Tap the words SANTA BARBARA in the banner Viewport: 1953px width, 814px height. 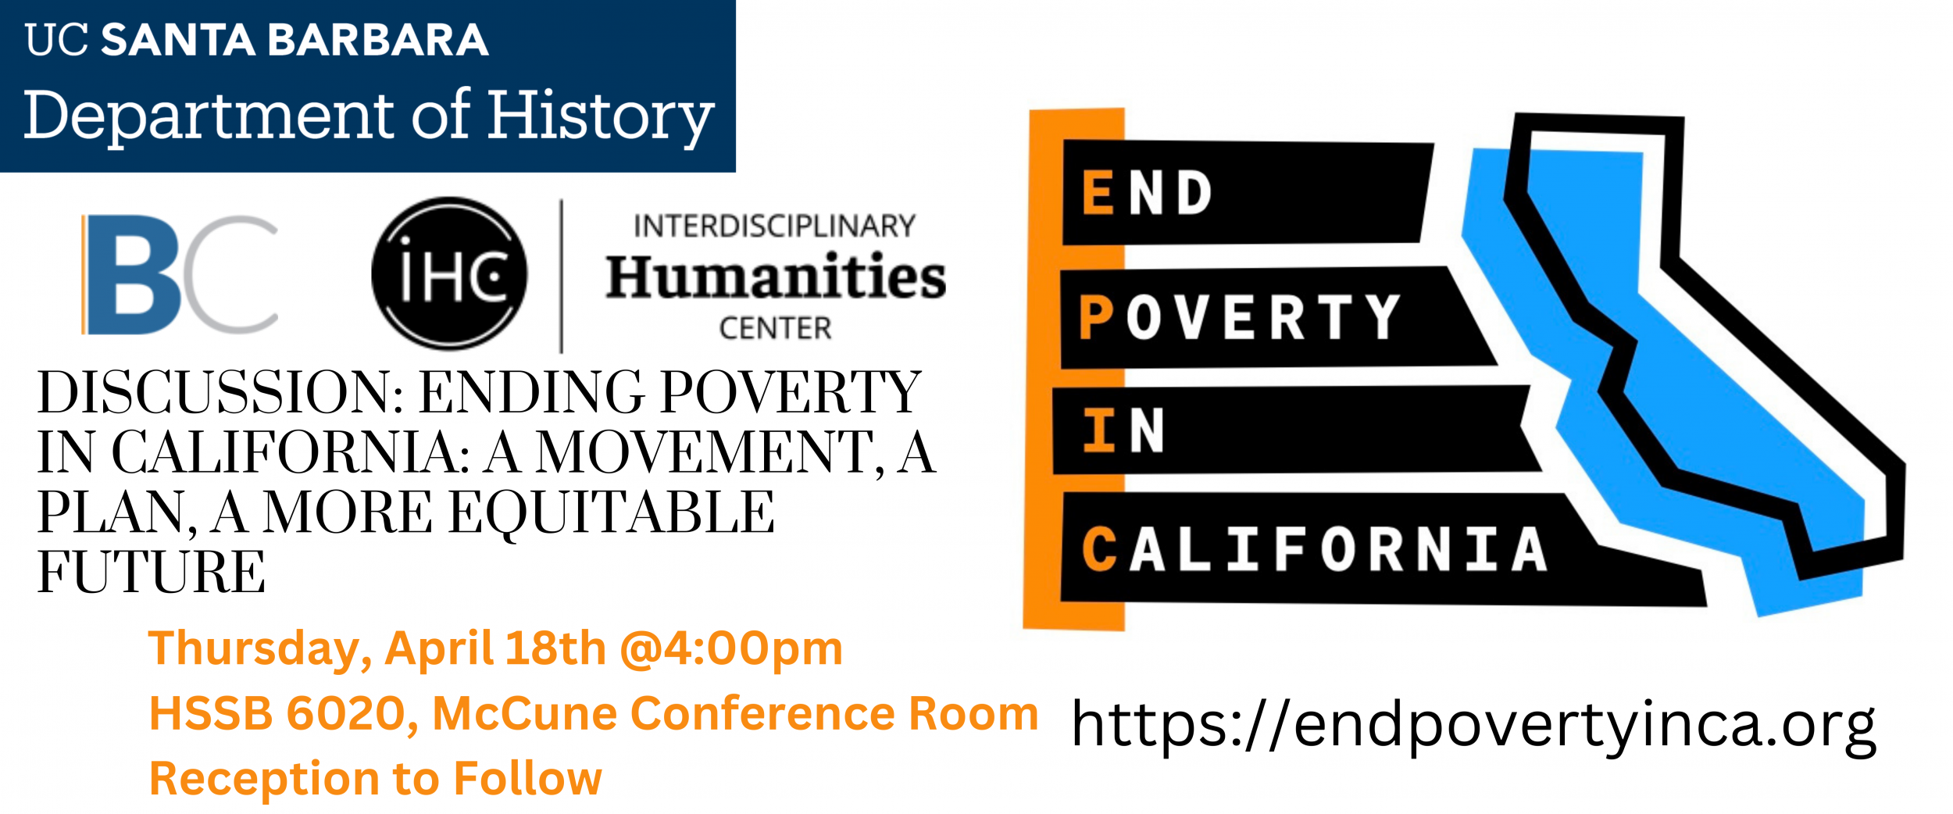point(295,40)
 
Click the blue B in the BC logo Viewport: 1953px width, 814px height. point(133,275)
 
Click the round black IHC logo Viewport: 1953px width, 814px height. point(449,273)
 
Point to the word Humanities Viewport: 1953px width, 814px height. point(776,277)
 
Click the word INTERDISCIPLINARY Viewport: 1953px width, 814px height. point(774,226)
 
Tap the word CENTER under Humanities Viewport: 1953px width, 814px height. point(775,328)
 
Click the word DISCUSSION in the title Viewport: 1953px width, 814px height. point(220,392)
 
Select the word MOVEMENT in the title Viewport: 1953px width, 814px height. point(705,453)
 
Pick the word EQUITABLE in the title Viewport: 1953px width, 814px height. point(612,513)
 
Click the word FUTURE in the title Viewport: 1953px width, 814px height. point(152,573)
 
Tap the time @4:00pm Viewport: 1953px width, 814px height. point(732,649)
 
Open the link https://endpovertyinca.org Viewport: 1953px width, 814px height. point(1473,726)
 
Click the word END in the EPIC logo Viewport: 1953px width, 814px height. point(1147,192)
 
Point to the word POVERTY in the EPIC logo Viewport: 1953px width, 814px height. point(1240,317)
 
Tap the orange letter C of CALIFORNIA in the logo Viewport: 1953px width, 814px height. point(1099,549)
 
